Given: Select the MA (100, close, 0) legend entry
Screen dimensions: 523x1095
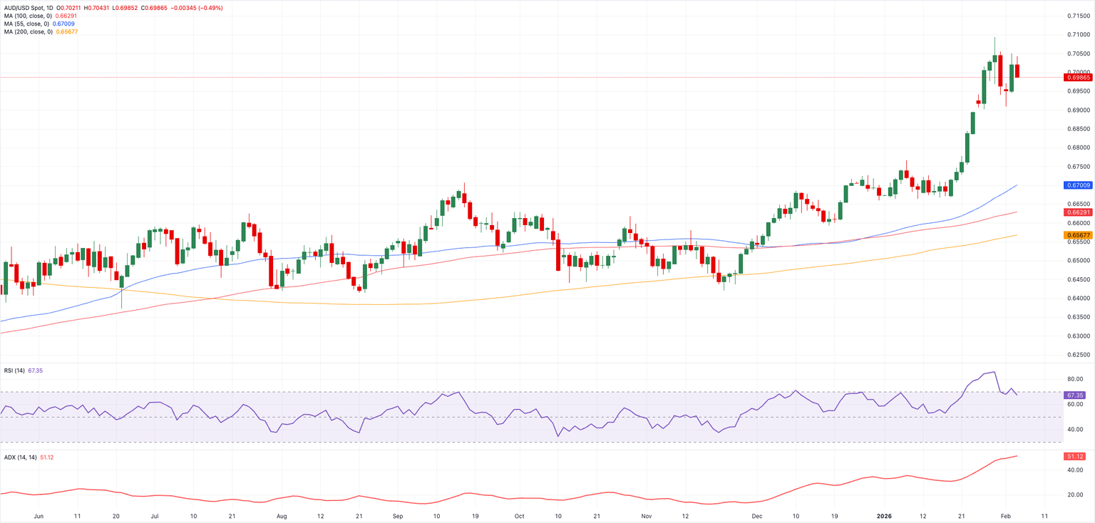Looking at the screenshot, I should [27, 15].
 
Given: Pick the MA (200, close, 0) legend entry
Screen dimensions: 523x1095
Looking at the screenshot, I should [27, 31].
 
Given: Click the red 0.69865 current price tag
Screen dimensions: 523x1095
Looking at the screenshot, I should [1079, 77].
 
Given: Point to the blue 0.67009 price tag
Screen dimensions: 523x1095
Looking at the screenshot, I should [1079, 185].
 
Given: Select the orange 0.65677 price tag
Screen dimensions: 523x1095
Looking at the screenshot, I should [1079, 235].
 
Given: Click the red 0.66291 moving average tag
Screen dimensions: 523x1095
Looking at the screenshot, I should [1079, 212].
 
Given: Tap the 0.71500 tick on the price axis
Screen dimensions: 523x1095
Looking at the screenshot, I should [1079, 16].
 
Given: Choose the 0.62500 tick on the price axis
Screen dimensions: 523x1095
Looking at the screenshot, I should [1079, 355].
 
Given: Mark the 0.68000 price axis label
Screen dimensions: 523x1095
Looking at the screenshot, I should [1079, 147].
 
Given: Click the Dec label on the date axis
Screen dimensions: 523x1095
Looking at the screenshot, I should [756, 514].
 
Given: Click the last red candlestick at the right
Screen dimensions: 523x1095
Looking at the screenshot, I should [1017, 71].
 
